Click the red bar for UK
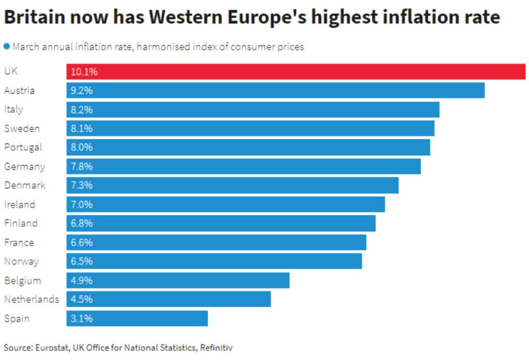(295, 72)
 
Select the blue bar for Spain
(137, 318)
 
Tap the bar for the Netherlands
(168, 299)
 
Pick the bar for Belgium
(178, 280)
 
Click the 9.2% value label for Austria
(82, 91)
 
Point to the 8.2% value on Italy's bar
(82, 109)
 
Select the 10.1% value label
(84, 72)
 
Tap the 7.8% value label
(82, 166)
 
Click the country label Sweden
(22, 129)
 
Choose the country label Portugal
(23, 148)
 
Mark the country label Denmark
(25, 185)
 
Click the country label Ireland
(20, 205)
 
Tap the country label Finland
(21, 223)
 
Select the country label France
(19, 242)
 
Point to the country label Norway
(21, 261)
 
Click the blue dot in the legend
(7, 46)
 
